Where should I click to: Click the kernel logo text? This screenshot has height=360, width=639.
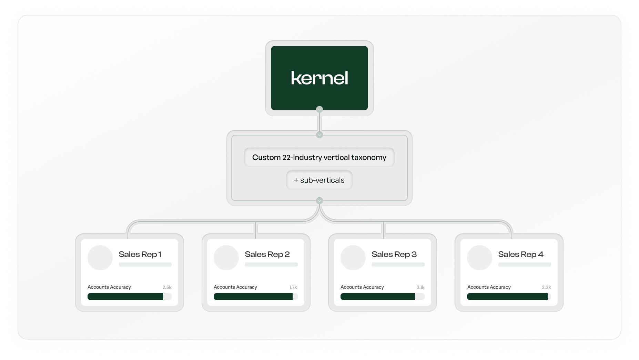pyautogui.click(x=319, y=78)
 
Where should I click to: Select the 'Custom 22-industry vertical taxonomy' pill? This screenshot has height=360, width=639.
pyautogui.click(x=319, y=157)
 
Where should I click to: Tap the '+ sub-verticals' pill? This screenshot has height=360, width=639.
pyautogui.click(x=319, y=180)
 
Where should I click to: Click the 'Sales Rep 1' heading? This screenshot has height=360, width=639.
pyautogui.click(x=140, y=254)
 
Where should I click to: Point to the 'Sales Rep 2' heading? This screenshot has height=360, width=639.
pyautogui.click(x=267, y=254)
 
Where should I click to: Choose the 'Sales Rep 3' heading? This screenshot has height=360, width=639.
pyautogui.click(x=394, y=254)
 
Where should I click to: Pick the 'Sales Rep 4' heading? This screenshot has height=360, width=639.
pyautogui.click(x=520, y=254)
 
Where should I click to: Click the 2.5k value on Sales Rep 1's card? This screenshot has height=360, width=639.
pyautogui.click(x=167, y=287)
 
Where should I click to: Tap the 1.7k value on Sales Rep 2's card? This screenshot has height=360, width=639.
pyautogui.click(x=293, y=287)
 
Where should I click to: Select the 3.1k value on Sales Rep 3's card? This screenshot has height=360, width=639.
pyautogui.click(x=420, y=287)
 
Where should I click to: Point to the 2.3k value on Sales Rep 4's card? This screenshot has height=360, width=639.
pyautogui.click(x=546, y=287)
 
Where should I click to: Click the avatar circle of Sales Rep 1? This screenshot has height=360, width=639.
pyautogui.click(x=100, y=258)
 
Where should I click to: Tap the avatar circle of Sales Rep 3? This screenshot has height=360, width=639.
pyautogui.click(x=353, y=258)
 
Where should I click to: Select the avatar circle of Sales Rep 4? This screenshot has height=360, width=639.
pyautogui.click(x=479, y=258)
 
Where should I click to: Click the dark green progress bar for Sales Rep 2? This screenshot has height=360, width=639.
pyautogui.click(x=253, y=297)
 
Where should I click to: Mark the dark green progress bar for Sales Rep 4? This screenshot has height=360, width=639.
pyautogui.click(x=507, y=297)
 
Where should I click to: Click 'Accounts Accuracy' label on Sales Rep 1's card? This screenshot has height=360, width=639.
pyautogui.click(x=109, y=287)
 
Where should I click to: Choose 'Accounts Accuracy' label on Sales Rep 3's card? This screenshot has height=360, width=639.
pyautogui.click(x=362, y=287)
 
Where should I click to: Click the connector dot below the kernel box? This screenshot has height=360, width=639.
pyautogui.click(x=319, y=109)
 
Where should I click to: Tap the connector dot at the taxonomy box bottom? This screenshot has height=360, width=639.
pyautogui.click(x=319, y=201)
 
